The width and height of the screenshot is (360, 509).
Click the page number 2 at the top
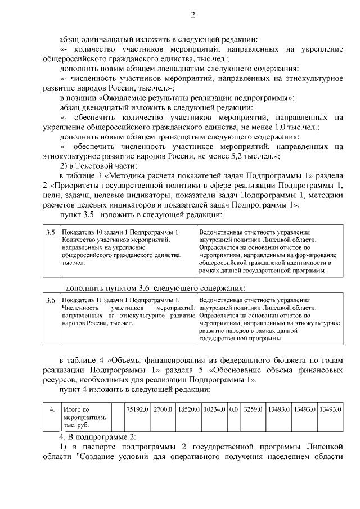click(x=192, y=15)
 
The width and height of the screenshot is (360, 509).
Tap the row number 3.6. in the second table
click(x=51, y=300)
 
